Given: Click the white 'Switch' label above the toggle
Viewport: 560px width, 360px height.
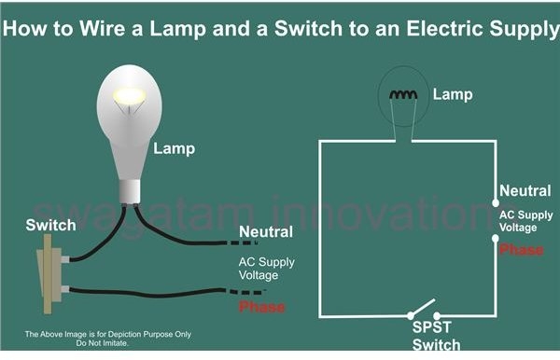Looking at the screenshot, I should pyautogui.click(x=45, y=226).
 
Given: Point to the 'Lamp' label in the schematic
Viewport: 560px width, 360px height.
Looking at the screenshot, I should pyautogui.click(x=453, y=94).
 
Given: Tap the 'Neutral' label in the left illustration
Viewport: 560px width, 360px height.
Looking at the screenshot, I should pyautogui.click(x=266, y=231).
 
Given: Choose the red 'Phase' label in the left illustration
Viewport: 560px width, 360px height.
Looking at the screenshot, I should pyautogui.click(x=262, y=307).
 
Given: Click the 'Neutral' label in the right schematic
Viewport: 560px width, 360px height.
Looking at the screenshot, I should pyautogui.click(x=525, y=190).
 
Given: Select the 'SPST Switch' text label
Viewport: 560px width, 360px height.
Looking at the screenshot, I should pyautogui.click(x=437, y=337).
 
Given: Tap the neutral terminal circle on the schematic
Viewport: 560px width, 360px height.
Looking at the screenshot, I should pyautogui.click(x=494, y=202).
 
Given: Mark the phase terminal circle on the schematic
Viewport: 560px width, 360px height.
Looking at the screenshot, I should pyautogui.click(x=494, y=239).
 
